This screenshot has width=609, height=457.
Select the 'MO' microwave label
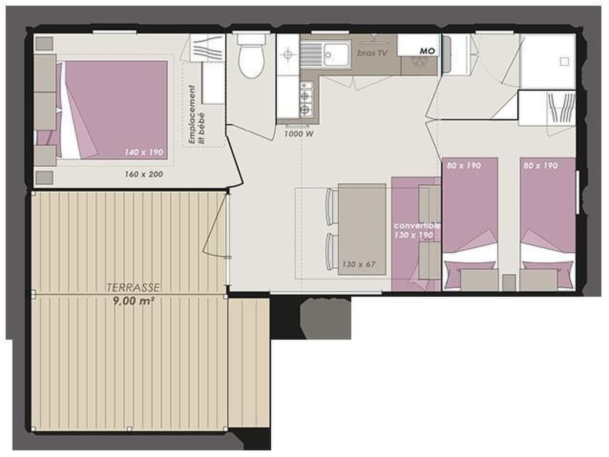tap(427, 51)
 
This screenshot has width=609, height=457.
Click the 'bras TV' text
tap(372, 53)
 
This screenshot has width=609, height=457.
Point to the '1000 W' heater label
tap(299, 134)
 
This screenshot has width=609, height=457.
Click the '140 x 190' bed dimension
tap(144, 152)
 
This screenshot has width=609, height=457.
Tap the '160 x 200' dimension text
tap(144, 174)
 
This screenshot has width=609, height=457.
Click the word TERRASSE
tap(133, 287)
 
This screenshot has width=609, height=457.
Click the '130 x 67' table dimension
tap(359, 264)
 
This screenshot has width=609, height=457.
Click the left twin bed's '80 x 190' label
tap(464, 165)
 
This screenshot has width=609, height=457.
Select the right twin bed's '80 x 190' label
tap(540, 165)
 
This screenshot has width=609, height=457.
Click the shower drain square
tap(564, 62)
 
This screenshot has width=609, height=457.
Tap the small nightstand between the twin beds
tap(509, 282)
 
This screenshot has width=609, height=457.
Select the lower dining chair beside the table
tap(332, 251)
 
